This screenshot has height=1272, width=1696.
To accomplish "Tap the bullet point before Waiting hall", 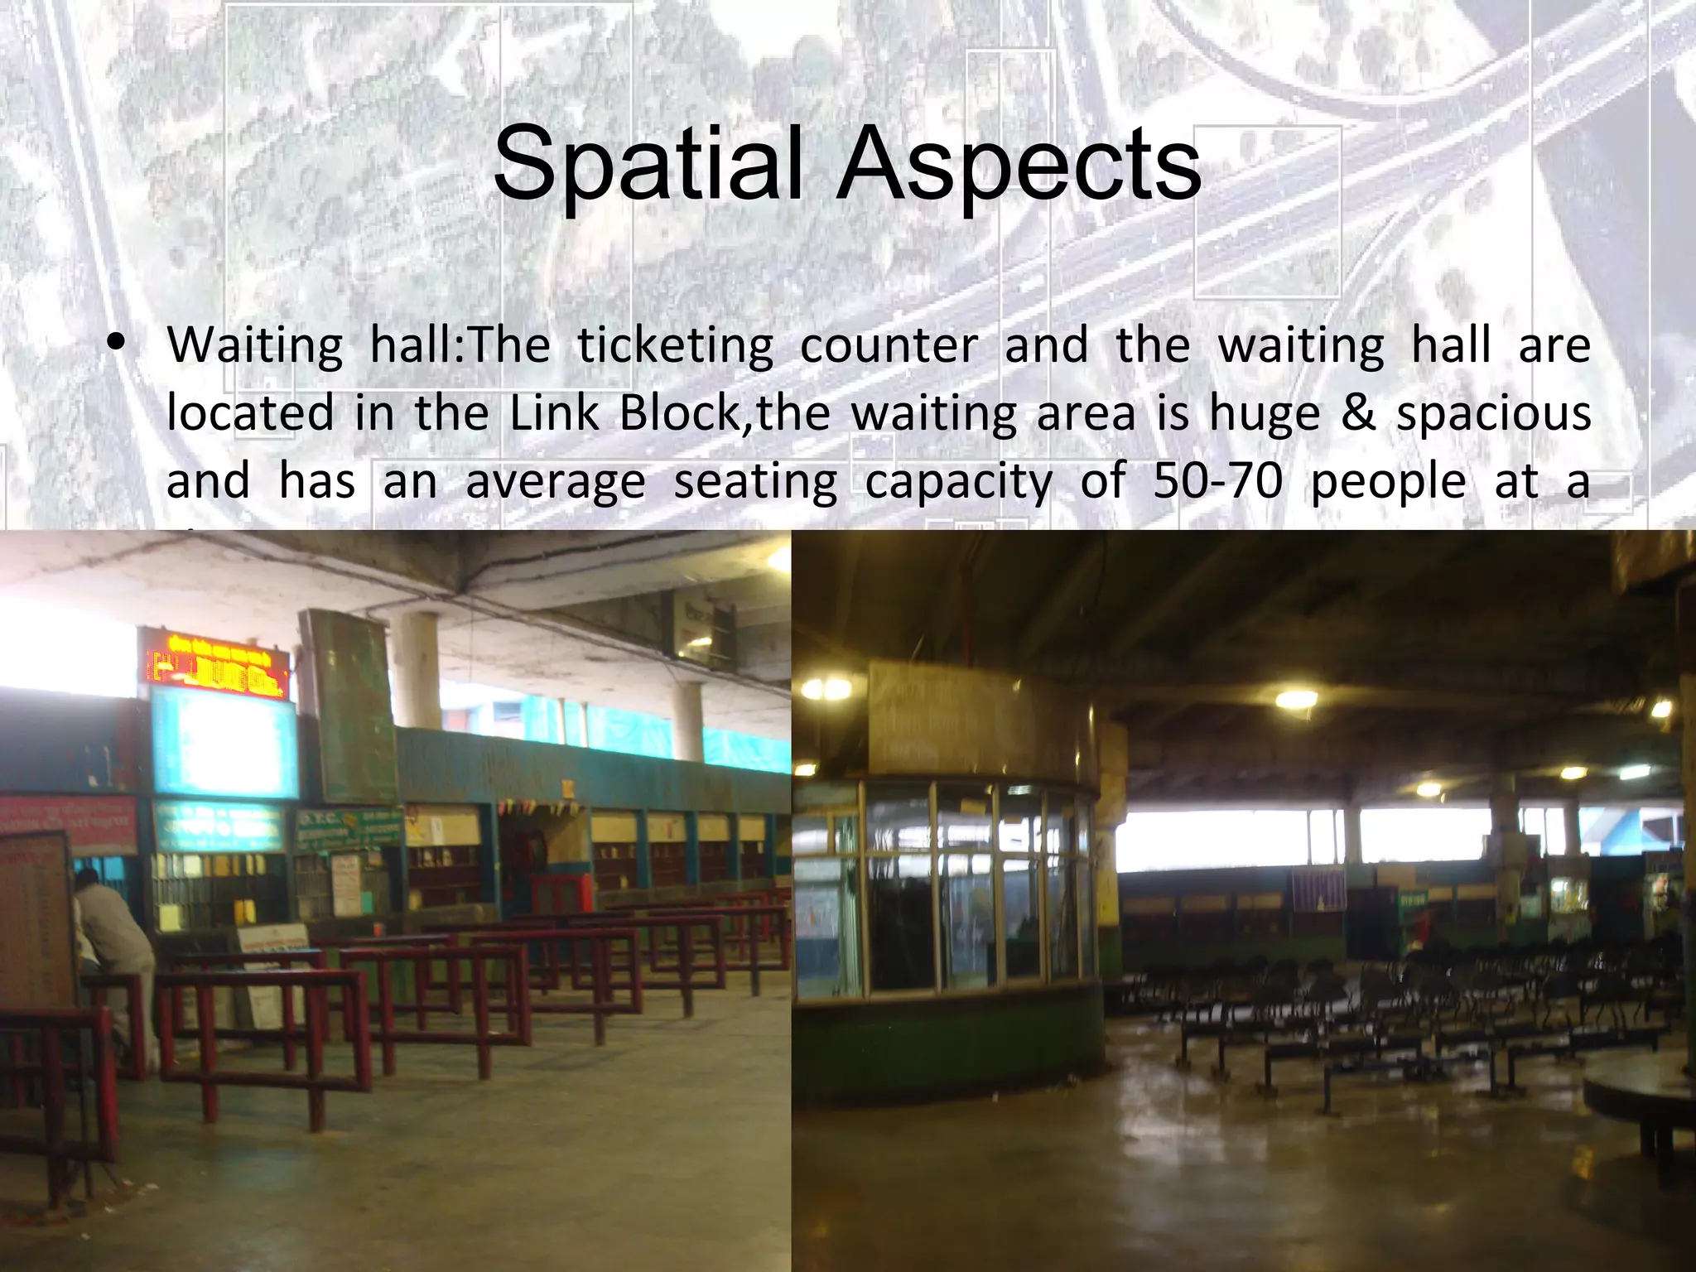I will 117,342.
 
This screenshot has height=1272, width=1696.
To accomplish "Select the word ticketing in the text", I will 675,346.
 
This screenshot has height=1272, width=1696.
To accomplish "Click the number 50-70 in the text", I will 1217,480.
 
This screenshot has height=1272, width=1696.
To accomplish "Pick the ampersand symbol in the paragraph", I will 1358,412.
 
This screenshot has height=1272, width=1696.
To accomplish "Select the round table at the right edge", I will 1644,1093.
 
